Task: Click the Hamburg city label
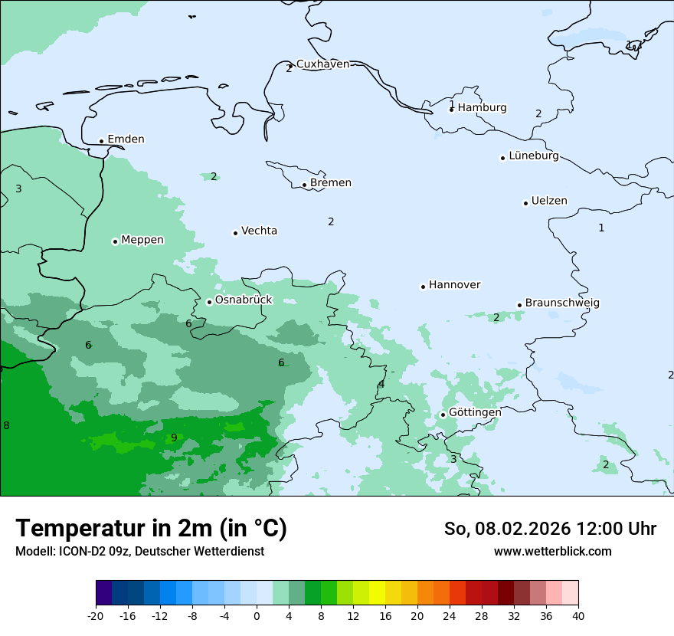coord(482,108)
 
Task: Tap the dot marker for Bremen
coord(304,185)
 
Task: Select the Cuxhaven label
coord(322,64)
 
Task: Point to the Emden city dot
coord(101,141)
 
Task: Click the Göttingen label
coord(475,412)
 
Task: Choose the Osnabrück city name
coord(244,300)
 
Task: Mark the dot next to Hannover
coord(423,287)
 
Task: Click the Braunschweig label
coord(562,303)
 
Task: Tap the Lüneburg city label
coord(534,156)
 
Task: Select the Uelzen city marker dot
coord(525,203)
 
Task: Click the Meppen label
coord(142,240)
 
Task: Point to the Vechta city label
coord(259,231)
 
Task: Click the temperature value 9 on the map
coord(174,438)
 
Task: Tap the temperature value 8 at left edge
coord(6,426)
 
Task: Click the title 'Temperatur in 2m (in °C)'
coord(151,529)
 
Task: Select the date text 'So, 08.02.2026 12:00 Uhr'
coord(550,529)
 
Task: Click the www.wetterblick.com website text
coord(552,552)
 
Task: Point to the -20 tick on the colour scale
coord(96,616)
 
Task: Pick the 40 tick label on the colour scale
coord(577,616)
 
